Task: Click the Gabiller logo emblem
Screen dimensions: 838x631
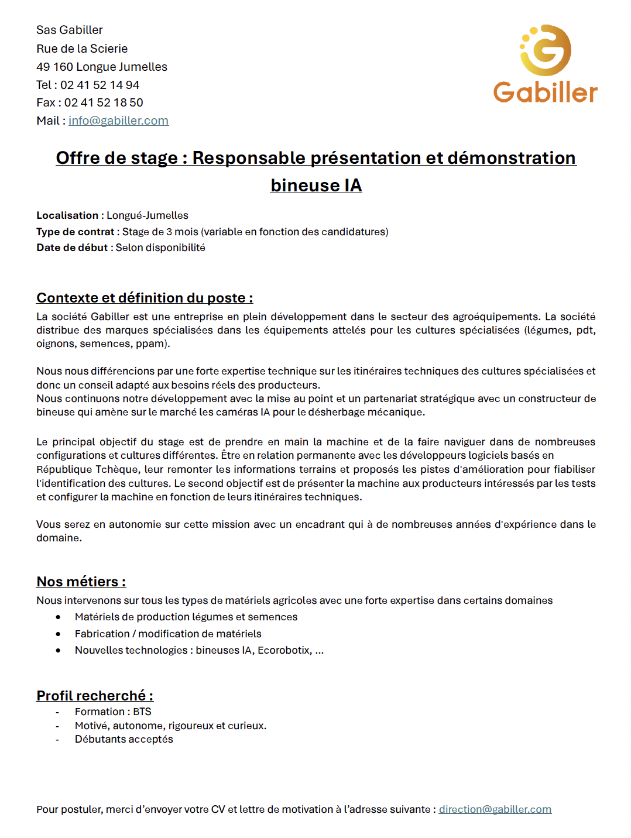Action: point(546,50)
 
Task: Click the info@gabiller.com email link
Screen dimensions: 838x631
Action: point(118,121)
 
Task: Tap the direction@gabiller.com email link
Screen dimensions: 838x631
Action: point(495,809)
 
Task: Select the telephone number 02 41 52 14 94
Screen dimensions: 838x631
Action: point(100,85)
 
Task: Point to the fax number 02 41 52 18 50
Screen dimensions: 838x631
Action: point(104,102)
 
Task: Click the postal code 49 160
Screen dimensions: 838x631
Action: point(54,67)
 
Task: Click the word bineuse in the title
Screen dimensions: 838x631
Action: point(305,186)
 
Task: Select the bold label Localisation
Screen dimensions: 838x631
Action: point(67,215)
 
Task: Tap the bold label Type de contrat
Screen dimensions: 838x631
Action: point(75,232)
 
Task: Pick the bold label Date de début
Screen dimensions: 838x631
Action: point(72,248)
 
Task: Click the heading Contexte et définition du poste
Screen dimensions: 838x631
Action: point(145,298)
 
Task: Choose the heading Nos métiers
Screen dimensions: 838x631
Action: point(81,582)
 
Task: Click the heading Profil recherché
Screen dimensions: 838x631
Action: point(95,696)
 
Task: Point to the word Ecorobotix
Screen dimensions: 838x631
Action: point(284,650)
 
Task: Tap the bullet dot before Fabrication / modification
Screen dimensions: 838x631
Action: point(58,634)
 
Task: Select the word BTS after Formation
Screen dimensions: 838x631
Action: point(142,712)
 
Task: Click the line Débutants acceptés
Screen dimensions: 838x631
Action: point(124,739)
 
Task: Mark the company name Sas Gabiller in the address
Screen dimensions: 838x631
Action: point(70,30)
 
